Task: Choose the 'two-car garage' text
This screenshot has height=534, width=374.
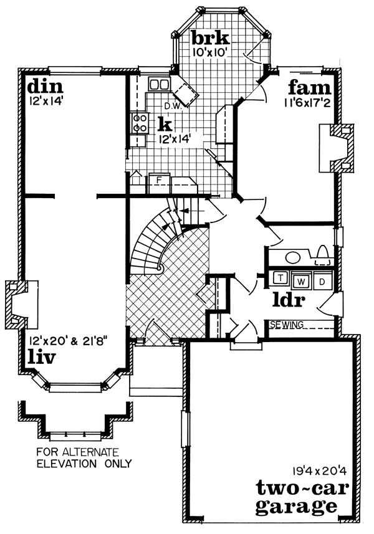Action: click(296, 495)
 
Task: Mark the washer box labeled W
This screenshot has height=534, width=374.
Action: click(301, 281)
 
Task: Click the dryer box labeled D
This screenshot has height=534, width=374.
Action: click(322, 281)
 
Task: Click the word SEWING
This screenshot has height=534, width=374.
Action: click(287, 325)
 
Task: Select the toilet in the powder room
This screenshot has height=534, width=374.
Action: click(322, 254)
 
